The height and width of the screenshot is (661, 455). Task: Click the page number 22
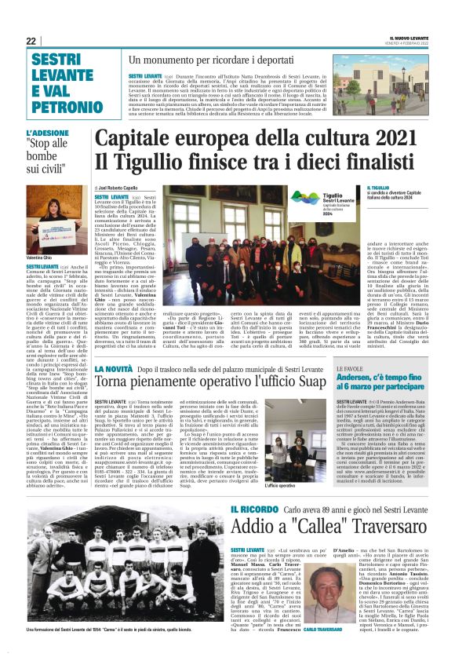click(x=31, y=41)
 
